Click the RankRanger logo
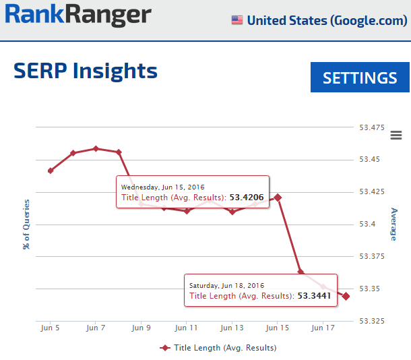(x=79, y=16)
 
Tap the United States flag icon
(x=237, y=20)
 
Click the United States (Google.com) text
(x=326, y=20)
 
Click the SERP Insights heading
(x=86, y=71)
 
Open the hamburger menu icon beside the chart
(x=396, y=136)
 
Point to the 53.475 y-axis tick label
(x=372, y=127)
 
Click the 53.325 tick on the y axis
(x=372, y=321)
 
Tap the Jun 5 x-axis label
(x=50, y=328)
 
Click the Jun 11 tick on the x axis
(x=186, y=328)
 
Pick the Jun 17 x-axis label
(x=323, y=328)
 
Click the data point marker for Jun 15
(x=278, y=197)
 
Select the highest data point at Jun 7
(x=96, y=148)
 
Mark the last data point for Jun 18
(x=346, y=296)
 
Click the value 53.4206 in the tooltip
(x=246, y=198)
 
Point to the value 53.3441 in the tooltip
(x=314, y=296)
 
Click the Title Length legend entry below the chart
(x=218, y=348)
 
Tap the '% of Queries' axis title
(x=27, y=224)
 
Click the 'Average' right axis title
(x=393, y=224)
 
